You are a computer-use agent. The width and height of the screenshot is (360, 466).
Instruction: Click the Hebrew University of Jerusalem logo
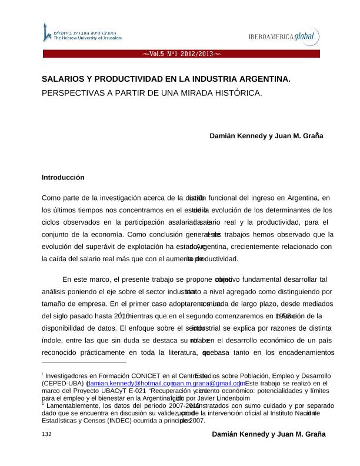(82, 34)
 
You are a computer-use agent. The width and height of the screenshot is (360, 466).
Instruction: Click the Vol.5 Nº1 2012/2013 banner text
(181, 54)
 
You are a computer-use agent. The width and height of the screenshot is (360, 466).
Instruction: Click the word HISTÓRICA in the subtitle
(235, 93)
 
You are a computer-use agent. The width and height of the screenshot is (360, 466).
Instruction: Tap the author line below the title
(266, 135)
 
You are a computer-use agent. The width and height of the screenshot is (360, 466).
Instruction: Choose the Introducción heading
(63, 177)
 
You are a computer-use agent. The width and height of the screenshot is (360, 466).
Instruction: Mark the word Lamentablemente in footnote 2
(73, 406)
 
